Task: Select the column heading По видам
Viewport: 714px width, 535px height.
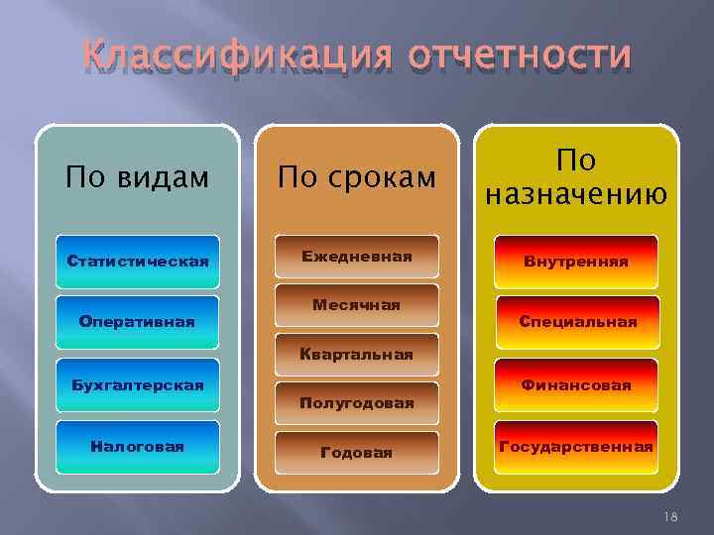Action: coord(137,177)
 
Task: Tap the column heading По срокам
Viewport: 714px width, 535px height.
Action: coord(357,177)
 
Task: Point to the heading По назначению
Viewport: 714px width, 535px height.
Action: coord(575,175)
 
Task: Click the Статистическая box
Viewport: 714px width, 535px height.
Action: coord(137,262)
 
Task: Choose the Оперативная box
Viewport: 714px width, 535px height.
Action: coord(137,322)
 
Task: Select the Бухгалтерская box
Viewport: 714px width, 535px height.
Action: coord(137,384)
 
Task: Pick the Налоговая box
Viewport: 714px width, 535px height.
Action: coord(137,447)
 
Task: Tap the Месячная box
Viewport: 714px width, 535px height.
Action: coord(357,306)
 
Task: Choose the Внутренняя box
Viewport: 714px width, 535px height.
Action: coord(575,262)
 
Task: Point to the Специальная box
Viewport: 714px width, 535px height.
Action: coord(575,322)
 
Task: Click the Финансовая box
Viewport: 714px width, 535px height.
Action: coord(575,384)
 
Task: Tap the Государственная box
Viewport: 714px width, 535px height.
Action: coord(575,447)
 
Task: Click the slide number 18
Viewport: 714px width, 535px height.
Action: coord(670,514)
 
